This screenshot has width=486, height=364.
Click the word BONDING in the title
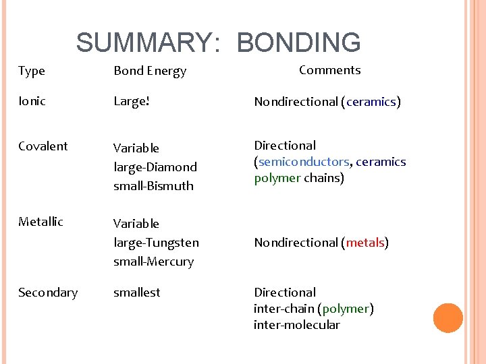298,42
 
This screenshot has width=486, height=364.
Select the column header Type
31,71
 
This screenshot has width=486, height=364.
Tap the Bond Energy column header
150,71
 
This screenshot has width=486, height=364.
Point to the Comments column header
329,70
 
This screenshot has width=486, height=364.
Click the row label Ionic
32,101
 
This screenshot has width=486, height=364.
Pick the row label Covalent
43,146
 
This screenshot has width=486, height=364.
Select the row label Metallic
40,222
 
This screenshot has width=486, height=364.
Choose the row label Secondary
48,293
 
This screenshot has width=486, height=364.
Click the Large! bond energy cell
131,102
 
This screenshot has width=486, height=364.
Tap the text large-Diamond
155,166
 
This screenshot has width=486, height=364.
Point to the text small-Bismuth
153,185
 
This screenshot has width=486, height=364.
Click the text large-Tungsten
156,242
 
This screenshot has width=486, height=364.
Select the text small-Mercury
153,261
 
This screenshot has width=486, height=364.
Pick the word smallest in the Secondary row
137,293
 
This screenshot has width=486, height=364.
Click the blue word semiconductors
304,162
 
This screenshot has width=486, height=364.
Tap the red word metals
364,243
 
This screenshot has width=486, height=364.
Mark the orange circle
448,318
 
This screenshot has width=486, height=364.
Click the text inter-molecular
297,325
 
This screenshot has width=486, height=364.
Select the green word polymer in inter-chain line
346,309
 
